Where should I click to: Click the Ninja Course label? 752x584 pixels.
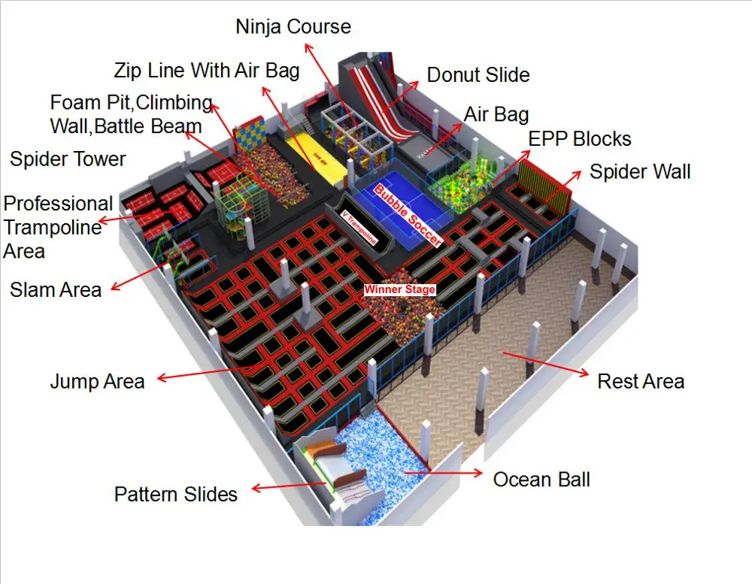coord(293,27)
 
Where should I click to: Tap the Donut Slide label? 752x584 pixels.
coord(478,75)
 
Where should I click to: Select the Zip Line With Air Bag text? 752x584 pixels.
coord(207,71)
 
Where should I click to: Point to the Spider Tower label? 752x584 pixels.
coord(68,159)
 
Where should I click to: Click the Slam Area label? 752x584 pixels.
coord(56,289)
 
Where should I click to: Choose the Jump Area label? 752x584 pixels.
coord(97,381)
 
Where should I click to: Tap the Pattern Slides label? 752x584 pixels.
coord(176,495)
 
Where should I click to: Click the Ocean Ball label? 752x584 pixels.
coord(541,479)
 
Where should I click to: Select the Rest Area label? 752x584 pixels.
coord(641,381)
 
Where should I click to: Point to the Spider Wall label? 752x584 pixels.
coord(640,172)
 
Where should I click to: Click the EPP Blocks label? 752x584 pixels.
coord(580,139)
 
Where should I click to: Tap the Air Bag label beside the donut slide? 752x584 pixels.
coord(496,114)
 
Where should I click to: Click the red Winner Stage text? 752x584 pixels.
coord(399,289)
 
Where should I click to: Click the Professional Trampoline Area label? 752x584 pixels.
coord(58,227)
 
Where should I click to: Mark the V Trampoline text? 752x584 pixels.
coord(359,224)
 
